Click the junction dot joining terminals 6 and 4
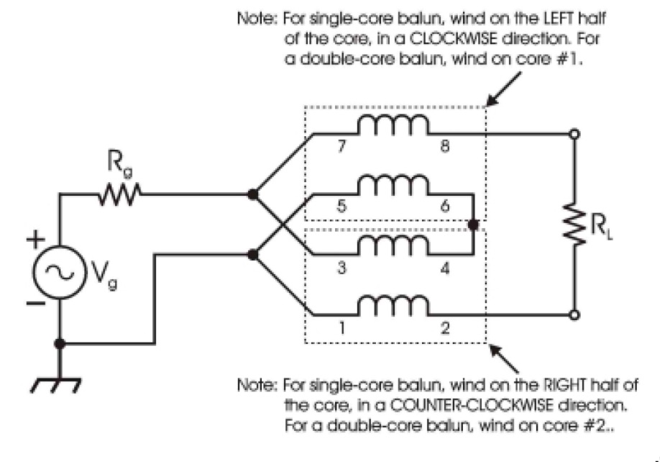pyautogui.click(x=472, y=225)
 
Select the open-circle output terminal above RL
pyautogui.click(x=575, y=134)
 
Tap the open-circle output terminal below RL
pyautogui.click(x=575, y=314)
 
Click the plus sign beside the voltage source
pyautogui.click(x=33, y=238)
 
